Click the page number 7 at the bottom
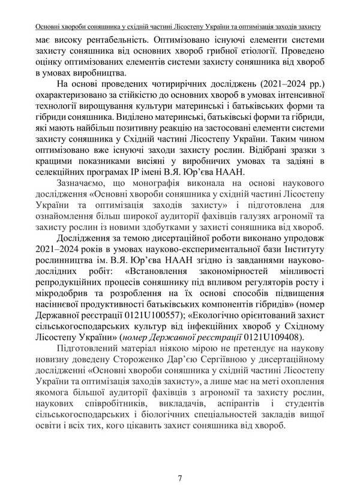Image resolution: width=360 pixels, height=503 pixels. click(x=180, y=478)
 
